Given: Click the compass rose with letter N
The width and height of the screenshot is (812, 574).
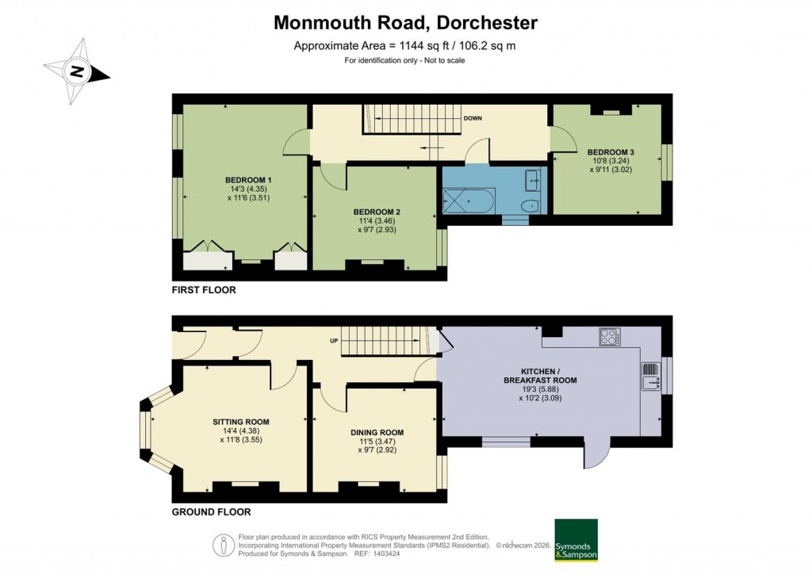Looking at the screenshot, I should click(x=77, y=71).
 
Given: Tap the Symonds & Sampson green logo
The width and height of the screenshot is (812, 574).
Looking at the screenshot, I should click(x=576, y=541).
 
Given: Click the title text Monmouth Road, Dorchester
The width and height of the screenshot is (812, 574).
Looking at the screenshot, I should click(x=405, y=22).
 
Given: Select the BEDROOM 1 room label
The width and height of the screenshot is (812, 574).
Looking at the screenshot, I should click(x=248, y=180).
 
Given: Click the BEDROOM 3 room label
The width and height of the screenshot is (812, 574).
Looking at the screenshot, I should click(x=610, y=151).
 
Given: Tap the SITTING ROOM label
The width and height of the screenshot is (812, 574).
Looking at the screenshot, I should click(x=241, y=422).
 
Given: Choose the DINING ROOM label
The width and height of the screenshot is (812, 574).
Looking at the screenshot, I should click(x=377, y=433).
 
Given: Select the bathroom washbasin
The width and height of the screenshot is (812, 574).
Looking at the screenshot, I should click(x=534, y=180).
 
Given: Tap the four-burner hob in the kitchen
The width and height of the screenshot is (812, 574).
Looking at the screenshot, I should click(x=609, y=337).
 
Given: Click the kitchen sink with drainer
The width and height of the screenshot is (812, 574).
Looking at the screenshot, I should click(x=650, y=377).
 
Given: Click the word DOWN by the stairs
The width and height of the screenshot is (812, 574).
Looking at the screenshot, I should click(x=473, y=118).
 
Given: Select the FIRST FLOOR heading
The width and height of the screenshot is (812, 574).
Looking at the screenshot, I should click(x=204, y=290).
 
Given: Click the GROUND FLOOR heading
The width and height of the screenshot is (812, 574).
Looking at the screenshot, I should click(x=211, y=512).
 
